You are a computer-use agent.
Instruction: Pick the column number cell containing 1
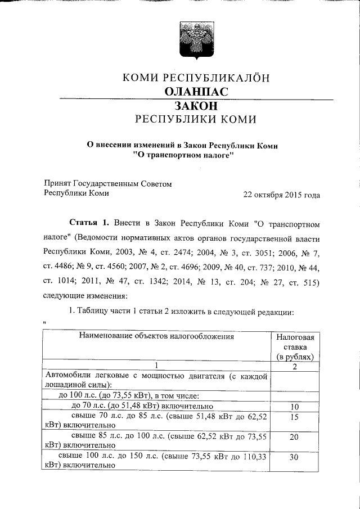click(158, 366)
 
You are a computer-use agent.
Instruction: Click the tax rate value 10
click(294, 407)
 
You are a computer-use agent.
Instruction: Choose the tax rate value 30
click(294, 458)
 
